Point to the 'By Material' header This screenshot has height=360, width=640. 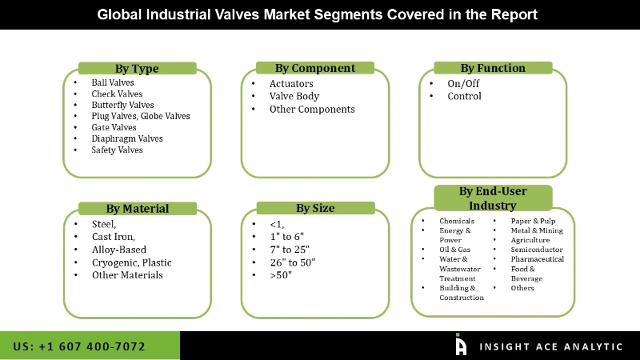coord(137,209)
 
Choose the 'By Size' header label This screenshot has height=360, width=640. coord(315,208)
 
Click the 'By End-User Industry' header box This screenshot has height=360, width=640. coord(493,198)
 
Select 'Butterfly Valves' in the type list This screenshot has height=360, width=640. coord(122,105)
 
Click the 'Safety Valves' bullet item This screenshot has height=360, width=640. coord(117,150)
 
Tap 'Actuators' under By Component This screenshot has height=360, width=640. coord(291,84)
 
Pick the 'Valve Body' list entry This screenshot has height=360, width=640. coord(294,97)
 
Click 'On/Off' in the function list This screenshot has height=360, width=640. coord(464,83)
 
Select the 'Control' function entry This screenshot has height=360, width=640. coord(464,96)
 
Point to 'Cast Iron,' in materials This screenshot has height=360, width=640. coord(113,237)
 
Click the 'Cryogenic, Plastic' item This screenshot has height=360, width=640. coord(131,262)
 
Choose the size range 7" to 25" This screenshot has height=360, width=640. coord(289,250)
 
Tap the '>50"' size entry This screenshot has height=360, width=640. coord(281,275)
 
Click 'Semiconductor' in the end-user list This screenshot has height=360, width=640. coord(537,250)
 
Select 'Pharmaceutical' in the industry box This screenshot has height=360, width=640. coord(537,259)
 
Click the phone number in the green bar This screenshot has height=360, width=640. coord(80,346)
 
